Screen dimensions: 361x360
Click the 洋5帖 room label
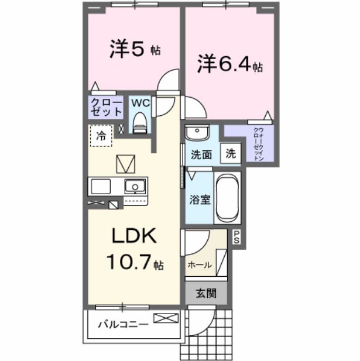tap(135, 49)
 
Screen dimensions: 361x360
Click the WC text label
tap(140, 103)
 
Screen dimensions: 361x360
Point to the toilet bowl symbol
tap(139, 123)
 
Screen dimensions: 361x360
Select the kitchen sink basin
tap(135, 187)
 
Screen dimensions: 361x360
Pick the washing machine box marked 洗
tap(231, 154)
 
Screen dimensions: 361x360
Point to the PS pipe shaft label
tap(236, 236)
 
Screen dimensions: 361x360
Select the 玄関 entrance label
tap(205, 293)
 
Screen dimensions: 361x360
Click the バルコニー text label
tap(122, 323)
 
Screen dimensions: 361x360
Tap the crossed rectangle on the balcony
tap(166, 318)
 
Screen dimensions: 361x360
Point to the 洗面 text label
tap(201, 155)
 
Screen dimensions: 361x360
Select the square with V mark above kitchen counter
tap(125, 163)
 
